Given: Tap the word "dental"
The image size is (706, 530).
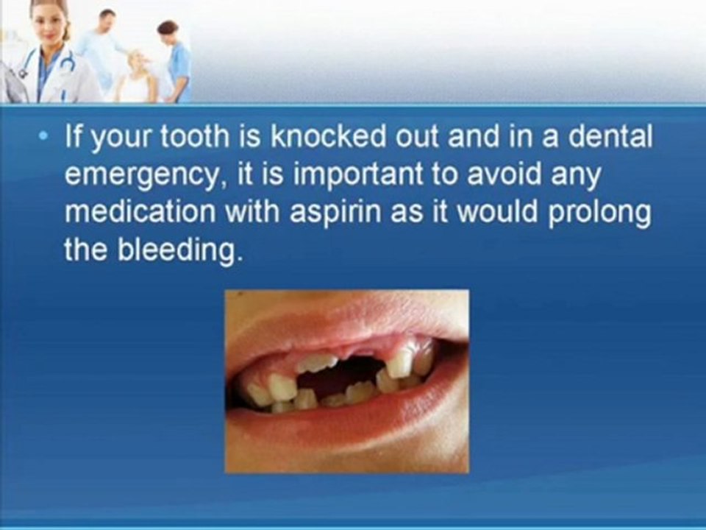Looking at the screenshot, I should [613, 138].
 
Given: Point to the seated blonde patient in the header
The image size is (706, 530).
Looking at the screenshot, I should [136, 77].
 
